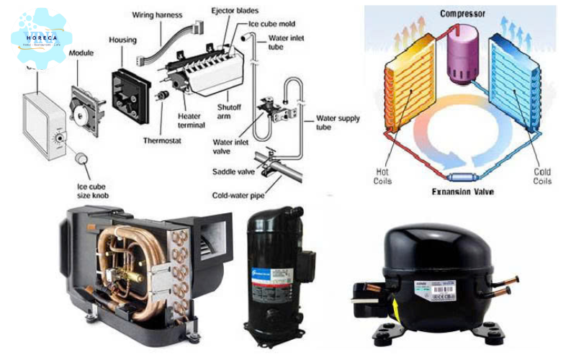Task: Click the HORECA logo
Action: click(41, 38)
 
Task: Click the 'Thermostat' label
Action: click(162, 141)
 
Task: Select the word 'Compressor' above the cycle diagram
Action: click(462, 12)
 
